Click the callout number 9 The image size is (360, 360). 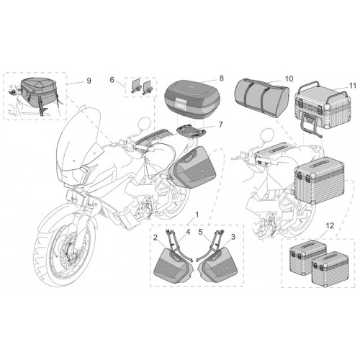click(x=89, y=81)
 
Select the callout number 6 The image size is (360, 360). click(x=112, y=79)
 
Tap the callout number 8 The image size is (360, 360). click(x=221, y=78)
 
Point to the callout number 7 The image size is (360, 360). click(x=221, y=125)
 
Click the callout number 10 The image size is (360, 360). click(x=289, y=78)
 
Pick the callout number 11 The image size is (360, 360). click(x=353, y=86)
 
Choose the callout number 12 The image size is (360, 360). click(x=330, y=225)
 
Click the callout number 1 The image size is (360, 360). click(x=197, y=215)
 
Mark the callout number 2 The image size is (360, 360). click(x=156, y=238)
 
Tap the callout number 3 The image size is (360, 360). click(x=233, y=237)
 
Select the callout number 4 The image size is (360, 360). click(x=188, y=232)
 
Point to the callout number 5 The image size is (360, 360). click(x=201, y=232)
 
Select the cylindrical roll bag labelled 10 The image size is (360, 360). click(x=261, y=98)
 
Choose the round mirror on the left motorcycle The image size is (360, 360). click(x=143, y=124)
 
